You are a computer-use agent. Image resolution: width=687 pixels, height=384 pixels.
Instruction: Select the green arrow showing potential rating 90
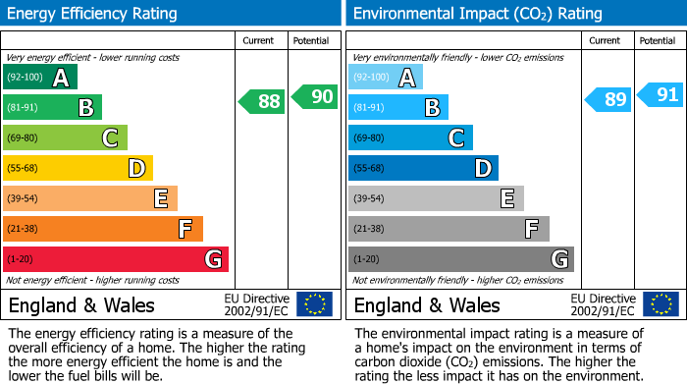315,96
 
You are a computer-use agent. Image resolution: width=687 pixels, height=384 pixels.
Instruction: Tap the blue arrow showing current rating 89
608,100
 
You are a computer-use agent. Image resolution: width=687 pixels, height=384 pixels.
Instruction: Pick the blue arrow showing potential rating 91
661,95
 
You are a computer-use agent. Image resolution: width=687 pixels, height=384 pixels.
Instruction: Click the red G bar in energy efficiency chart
116,259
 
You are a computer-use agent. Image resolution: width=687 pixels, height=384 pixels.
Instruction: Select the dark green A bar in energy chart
40,78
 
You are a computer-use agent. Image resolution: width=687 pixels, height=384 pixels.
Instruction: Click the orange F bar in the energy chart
103,229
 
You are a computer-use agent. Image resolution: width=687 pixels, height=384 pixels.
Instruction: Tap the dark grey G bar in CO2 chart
461,259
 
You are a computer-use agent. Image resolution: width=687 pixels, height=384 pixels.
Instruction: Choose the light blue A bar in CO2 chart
386,78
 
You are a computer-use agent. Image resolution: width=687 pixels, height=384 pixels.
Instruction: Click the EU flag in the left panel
314,303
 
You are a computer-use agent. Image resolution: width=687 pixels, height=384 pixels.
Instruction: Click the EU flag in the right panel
660,303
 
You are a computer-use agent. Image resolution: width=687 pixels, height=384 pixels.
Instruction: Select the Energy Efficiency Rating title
93,14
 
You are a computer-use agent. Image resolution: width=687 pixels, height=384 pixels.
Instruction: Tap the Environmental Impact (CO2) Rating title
477,14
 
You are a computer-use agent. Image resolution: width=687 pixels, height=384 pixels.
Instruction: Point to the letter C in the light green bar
111,138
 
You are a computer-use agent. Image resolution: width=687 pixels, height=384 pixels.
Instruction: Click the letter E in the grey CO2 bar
507,199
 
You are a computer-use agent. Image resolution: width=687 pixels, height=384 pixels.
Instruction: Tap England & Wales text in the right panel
427,304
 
